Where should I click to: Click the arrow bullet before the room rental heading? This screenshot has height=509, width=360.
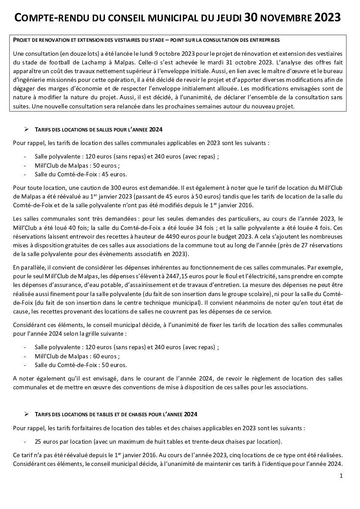26,129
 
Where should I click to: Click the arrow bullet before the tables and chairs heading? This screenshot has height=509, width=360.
26,413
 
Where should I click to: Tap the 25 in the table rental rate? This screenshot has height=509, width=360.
39,441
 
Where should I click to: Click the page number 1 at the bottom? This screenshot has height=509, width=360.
341,476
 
